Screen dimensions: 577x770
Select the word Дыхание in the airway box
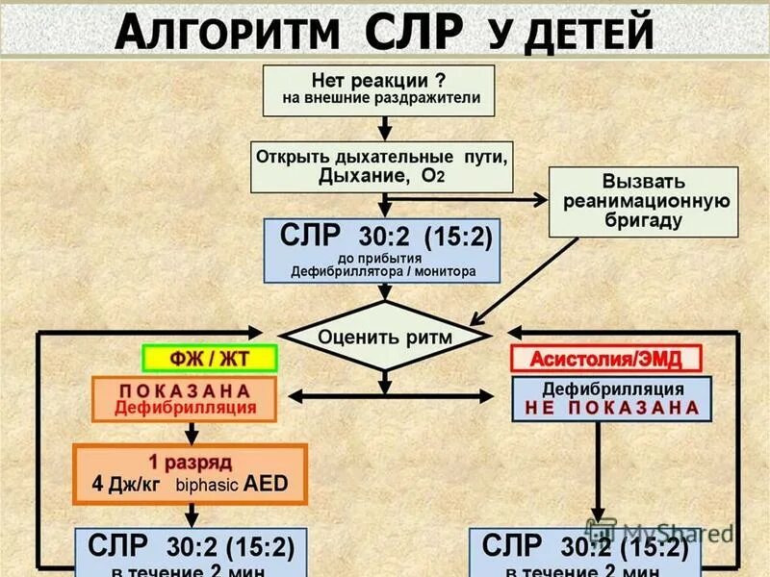[x=357, y=177]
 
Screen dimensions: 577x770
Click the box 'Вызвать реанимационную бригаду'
[x=643, y=201]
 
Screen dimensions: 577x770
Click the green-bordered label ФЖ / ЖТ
[x=210, y=358]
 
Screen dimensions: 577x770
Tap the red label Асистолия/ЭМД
[x=605, y=359]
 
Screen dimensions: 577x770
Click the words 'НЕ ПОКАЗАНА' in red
[x=612, y=408]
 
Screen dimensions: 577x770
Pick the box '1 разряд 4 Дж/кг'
[x=190, y=473]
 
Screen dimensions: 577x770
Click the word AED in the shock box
[x=266, y=483]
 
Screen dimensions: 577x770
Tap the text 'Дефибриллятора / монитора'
[x=382, y=272]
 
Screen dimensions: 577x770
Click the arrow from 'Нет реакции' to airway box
[x=384, y=129]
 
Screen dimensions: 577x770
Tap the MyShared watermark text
[x=674, y=532]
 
